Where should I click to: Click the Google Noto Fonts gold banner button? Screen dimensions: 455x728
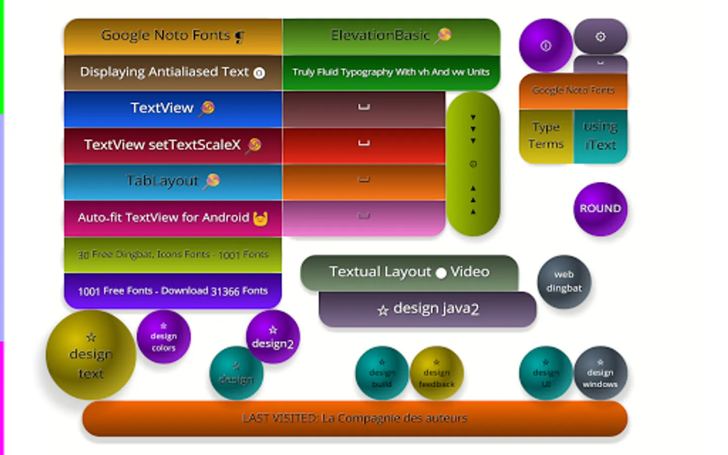172,36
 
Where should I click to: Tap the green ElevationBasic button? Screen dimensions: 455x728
391,36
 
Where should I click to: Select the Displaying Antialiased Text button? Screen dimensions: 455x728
172,73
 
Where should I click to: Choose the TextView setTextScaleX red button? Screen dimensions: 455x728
172,145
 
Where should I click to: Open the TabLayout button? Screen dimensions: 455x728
172,181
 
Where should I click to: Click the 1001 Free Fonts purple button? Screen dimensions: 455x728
172,291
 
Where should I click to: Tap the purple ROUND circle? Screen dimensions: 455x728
600,209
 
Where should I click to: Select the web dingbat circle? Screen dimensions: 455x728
564,282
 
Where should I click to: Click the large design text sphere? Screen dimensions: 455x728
91,355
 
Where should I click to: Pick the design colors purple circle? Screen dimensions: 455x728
163,337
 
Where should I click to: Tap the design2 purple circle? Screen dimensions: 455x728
272,337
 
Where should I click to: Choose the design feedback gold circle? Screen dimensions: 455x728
436,373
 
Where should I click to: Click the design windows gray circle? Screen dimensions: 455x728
600,373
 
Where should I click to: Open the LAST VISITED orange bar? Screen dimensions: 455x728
354,419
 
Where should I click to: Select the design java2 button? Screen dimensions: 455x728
427,309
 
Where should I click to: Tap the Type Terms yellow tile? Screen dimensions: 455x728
545,136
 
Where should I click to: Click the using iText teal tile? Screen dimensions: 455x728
601,136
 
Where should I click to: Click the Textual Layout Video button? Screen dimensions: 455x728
409,272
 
